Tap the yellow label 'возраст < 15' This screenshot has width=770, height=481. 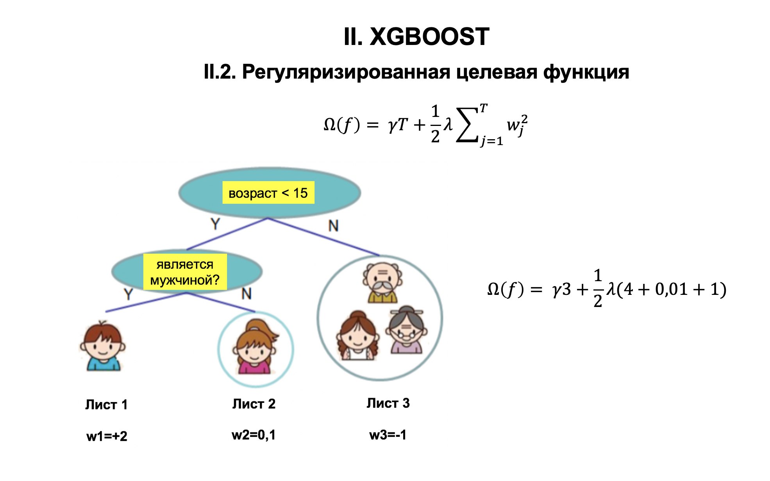[x=268, y=193]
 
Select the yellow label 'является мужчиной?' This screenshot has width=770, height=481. [x=185, y=272]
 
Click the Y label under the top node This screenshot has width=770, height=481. [x=215, y=224]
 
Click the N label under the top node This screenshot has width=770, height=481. [x=333, y=226]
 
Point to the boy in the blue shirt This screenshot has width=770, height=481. [x=103, y=346]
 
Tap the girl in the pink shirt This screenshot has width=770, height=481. [x=255, y=347]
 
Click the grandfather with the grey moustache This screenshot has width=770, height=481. [x=382, y=283]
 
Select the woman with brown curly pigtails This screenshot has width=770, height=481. [x=358, y=336]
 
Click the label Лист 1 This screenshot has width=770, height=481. [x=107, y=405]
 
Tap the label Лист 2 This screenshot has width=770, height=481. [x=254, y=404]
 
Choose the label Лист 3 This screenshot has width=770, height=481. [x=388, y=403]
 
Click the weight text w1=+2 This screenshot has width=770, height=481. [x=107, y=436]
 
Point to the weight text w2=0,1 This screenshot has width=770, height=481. [x=254, y=435]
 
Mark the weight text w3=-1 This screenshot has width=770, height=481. [x=388, y=435]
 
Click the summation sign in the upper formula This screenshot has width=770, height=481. [x=467, y=125]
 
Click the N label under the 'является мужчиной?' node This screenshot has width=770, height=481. [x=247, y=294]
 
